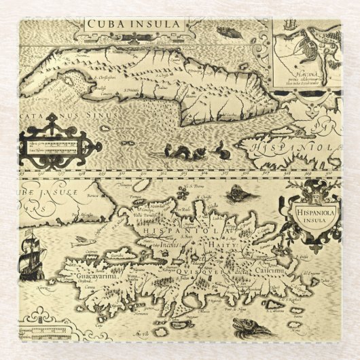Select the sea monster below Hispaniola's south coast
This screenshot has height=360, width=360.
249,327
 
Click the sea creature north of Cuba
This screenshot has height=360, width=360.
226,31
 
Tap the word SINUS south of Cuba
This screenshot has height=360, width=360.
102,115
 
